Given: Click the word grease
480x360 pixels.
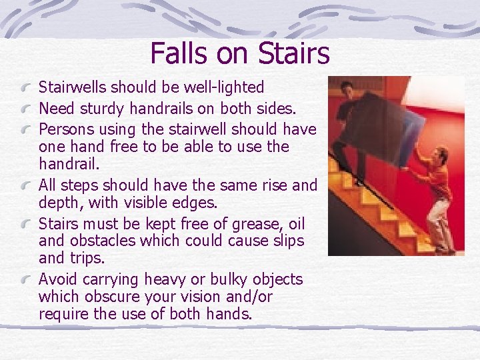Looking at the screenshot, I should [243, 222].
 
